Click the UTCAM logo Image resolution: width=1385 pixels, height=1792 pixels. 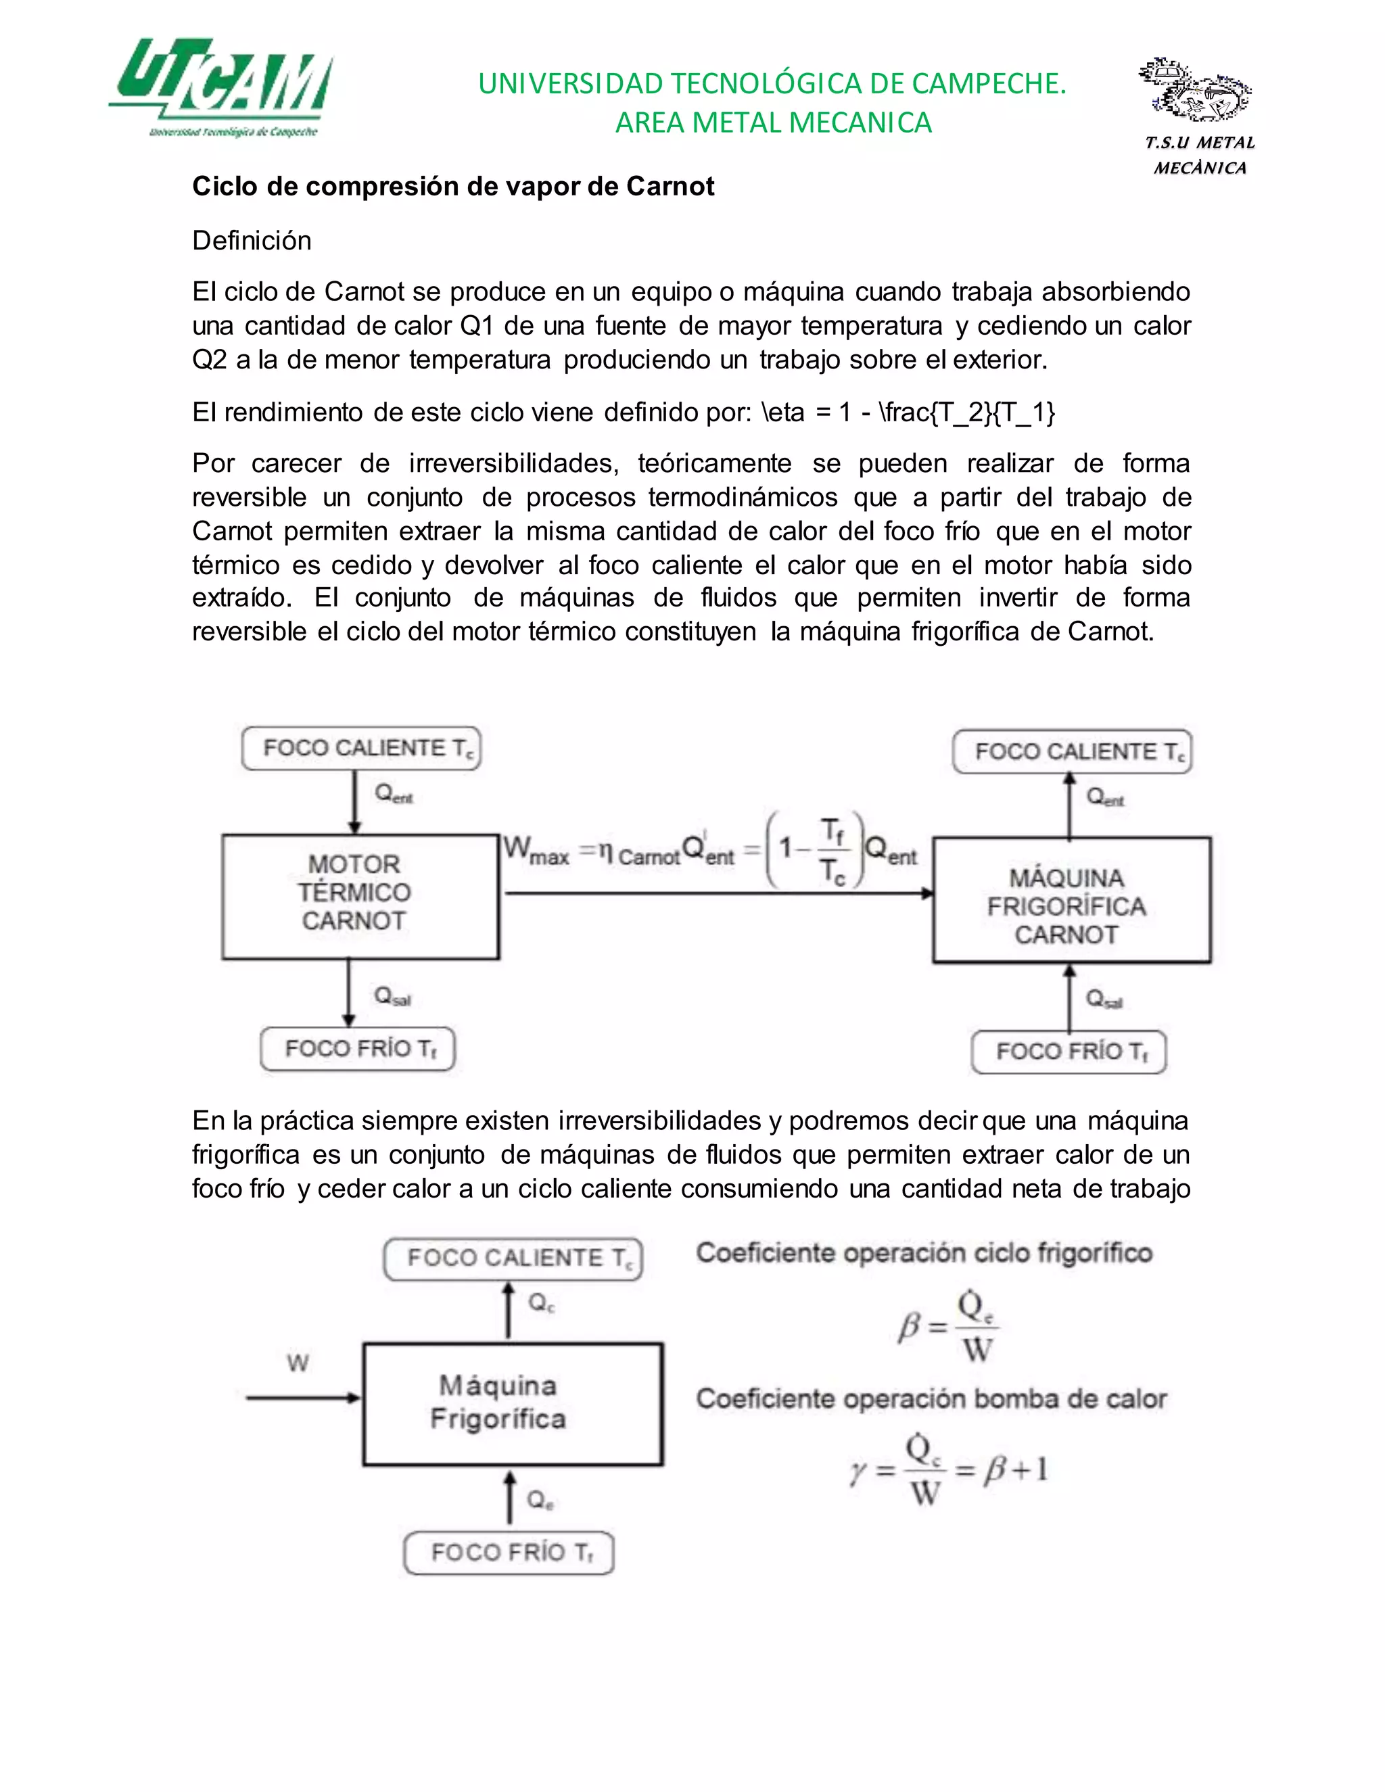click(x=222, y=86)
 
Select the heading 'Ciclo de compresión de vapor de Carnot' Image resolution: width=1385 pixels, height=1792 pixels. click(x=453, y=186)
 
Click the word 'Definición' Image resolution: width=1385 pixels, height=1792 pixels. click(x=252, y=241)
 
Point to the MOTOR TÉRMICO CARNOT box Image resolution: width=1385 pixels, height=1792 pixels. click(x=360, y=896)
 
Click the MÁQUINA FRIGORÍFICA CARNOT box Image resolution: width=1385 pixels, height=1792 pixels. click(x=1072, y=900)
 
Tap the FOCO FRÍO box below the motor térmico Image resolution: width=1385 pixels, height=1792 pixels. click(x=358, y=1049)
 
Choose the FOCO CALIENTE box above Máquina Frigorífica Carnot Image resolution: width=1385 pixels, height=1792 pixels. click(x=1072, y=751)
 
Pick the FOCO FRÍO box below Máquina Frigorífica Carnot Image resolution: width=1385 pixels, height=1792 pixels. click(x=1069, y=1052)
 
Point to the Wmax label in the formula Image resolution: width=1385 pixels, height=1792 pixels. click(x=535, y=850)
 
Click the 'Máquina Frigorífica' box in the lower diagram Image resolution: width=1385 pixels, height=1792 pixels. click(x=513, y=1404)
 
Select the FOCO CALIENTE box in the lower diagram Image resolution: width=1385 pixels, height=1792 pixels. click(x=513, y=1258)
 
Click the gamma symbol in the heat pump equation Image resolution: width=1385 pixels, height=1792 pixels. click(x=858, y=1473)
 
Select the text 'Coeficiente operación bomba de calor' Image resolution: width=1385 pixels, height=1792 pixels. click(x=931, y=1399)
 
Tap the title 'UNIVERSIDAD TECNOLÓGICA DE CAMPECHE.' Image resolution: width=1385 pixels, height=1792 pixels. click(x=772, y=84)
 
